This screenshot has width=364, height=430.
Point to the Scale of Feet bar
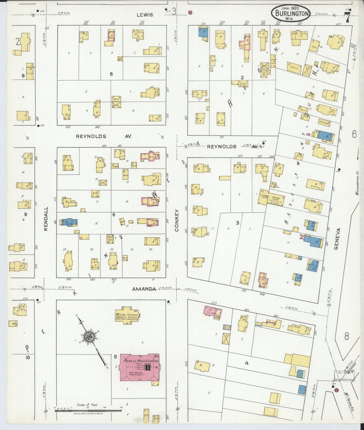coord(88,411)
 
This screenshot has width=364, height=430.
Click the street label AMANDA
coord(144,289)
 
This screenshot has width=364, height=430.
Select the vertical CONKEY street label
coord(177,220)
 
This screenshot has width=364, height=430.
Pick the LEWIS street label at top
coord(145,15)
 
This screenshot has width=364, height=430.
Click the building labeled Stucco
coord(315,185)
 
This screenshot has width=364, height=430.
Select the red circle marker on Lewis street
coord(190,12)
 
